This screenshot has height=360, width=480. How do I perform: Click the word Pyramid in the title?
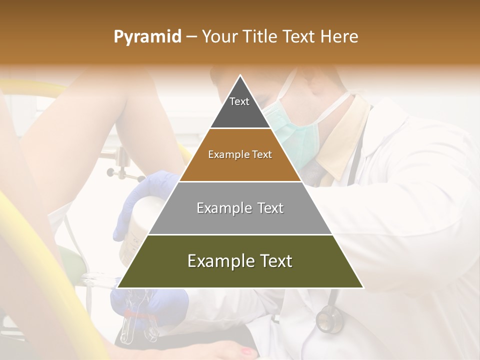click(147, 37)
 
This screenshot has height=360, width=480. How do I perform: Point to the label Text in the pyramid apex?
click(239, 101)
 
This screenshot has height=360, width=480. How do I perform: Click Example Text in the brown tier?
click(240, 154)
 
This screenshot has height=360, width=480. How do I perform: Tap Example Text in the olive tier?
click(240, 261)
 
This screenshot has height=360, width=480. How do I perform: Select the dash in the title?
click(191, 37)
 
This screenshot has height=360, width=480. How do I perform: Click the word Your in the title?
click(220, 37)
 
